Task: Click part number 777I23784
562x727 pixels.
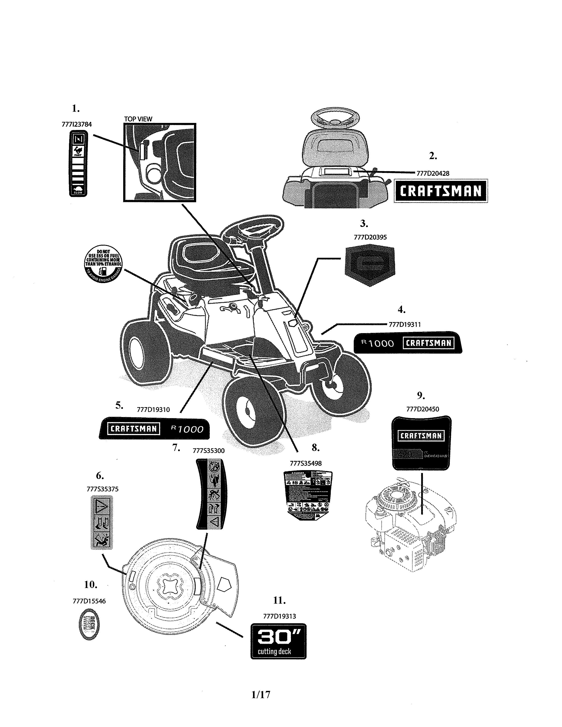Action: pos(76,124)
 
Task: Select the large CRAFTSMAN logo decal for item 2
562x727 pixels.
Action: pos(441,191)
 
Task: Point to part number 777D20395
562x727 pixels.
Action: pos(370,237)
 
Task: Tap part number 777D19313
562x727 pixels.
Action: pos(279,616)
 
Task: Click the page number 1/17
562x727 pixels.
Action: pos(261,694)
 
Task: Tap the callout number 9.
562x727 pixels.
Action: pos(421,395)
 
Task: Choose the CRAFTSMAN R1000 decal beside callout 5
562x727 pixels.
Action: pos(155,428)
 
